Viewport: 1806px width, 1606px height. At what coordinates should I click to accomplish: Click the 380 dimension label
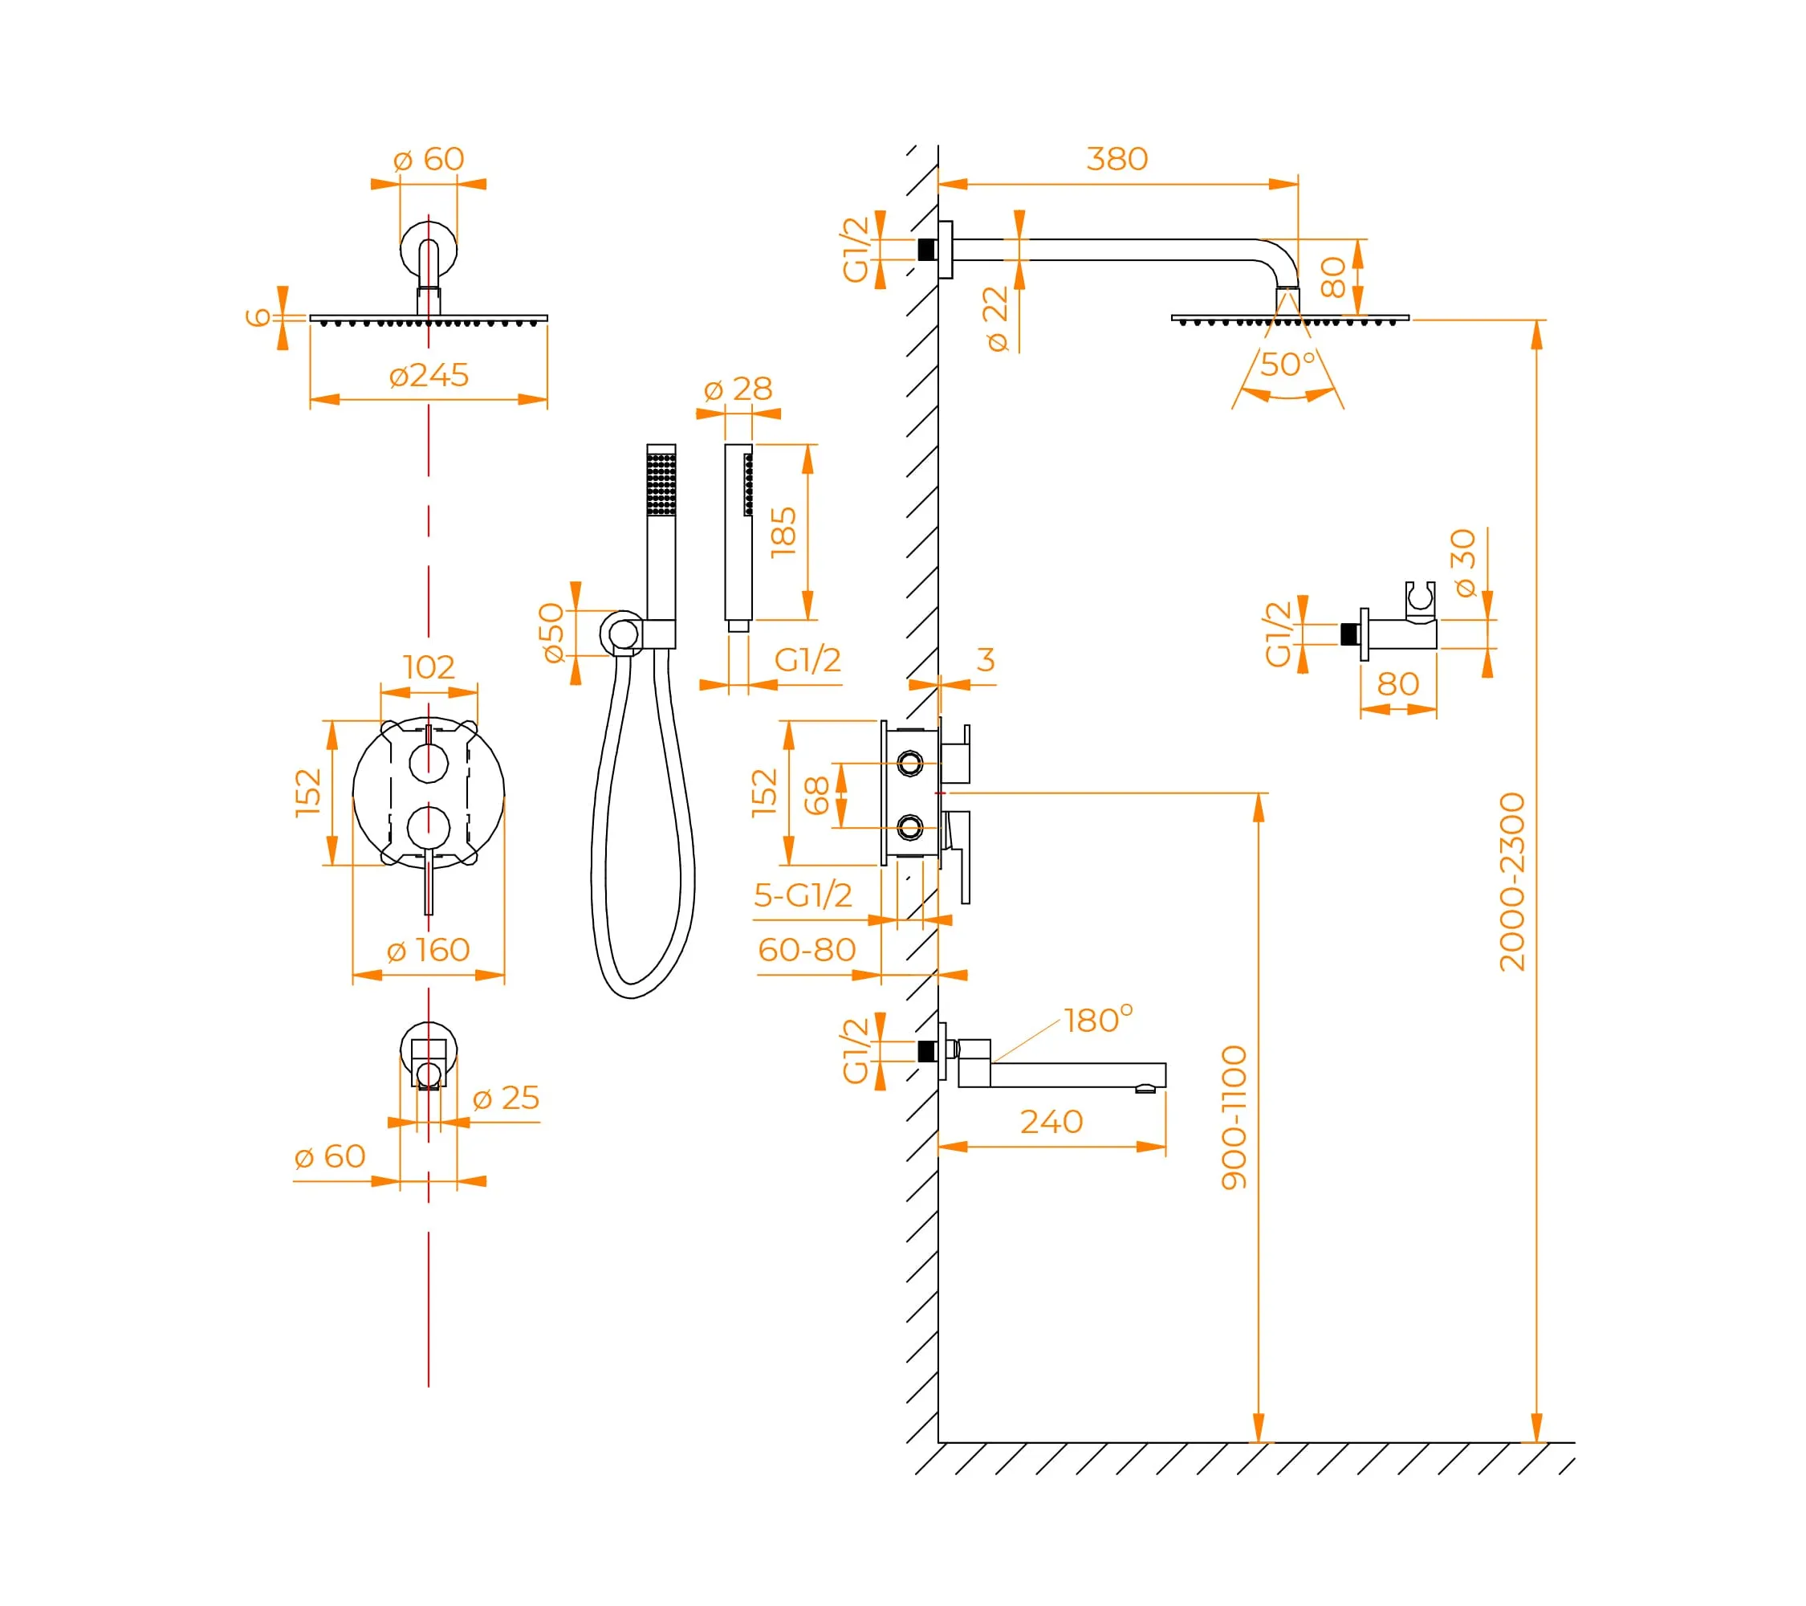tap(1117, 159)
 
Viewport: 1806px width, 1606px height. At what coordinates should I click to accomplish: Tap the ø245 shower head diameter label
tap(429, 375)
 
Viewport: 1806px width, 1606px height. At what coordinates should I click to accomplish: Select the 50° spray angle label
tap(1287, 364)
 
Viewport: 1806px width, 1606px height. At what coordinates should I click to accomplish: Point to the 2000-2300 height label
tap(1511, 882)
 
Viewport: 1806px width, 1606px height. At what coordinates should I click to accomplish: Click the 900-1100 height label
tap(1234, 1117)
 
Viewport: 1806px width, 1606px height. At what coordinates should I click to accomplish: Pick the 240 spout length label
tap(1051, 1122)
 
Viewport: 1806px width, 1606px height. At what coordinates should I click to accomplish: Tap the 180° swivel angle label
tap(1097, 1020)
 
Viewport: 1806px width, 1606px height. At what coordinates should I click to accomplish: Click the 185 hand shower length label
tap(783, 532)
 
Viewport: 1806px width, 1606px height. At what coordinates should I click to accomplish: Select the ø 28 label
tap(738, 389)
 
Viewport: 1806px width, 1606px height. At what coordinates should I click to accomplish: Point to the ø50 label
tap(552, 633)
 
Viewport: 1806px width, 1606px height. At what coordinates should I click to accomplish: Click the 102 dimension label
tap(429, 666)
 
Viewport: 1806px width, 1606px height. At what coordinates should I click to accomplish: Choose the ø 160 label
tap(429, 950)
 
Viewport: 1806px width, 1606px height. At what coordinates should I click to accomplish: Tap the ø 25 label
tap(506, 1098)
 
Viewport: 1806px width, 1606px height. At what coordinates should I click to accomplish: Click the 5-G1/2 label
tap(803, 895)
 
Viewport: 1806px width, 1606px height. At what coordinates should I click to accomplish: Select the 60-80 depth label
tap(807, 950)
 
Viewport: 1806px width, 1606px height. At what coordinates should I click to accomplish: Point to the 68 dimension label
tap(816, 796)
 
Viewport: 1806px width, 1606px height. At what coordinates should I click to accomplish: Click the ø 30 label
tap(1464, 563)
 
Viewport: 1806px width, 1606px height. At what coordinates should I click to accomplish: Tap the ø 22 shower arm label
tap(996, 319)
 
